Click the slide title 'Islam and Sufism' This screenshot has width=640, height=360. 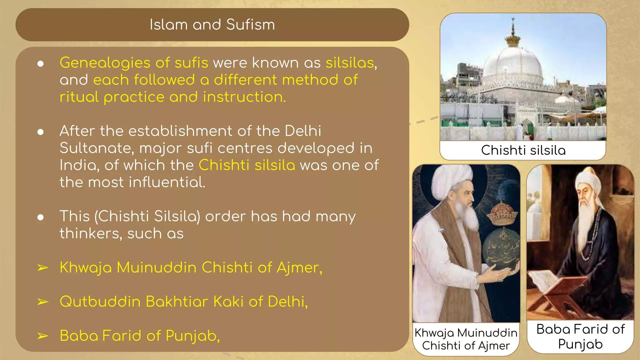[212, 25]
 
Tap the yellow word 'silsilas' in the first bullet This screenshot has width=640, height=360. [350, 63]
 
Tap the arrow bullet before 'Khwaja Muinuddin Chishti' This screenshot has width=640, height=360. [43, 268]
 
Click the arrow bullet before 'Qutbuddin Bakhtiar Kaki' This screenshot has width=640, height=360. [43, 302]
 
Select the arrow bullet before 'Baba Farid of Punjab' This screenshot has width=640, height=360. [43, 336]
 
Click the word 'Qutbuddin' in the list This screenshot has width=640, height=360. [100, 302]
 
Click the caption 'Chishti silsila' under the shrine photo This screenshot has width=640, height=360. [523, 150]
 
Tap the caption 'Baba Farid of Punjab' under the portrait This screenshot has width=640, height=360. [580, 337]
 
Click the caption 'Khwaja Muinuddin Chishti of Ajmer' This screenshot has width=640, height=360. [466, 339]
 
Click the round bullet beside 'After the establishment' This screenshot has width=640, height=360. [40, 132]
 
